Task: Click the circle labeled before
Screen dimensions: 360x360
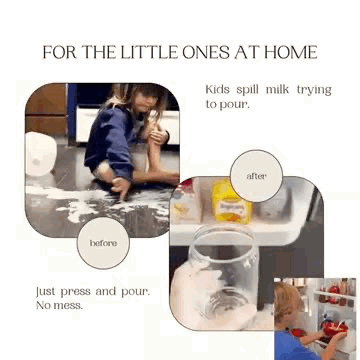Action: click(103, 243)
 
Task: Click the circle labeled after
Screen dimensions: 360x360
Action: click(256, 176)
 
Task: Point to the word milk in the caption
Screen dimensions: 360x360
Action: click(277, 90)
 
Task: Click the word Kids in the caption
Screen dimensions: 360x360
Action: click(217, 90)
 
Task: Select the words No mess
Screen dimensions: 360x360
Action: click(59, 305)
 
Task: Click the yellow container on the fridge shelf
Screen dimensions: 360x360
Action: click(231, 201)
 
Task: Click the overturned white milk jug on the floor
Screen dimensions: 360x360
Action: click(40, 154)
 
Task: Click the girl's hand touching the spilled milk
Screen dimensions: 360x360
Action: click(121, 187)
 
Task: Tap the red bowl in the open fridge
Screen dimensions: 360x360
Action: click(335, 328)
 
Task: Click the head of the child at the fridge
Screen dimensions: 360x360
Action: click(287, 306)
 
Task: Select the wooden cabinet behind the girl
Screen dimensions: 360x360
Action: click(46, 109)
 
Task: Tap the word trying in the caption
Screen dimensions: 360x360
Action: click(314, 90)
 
